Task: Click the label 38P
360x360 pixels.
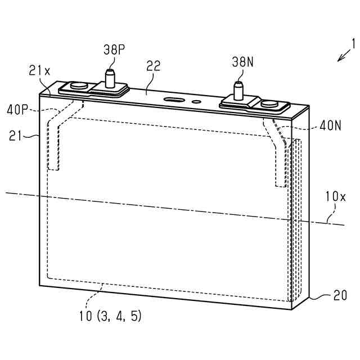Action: point(114,49)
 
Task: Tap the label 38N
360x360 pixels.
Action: point(243,62)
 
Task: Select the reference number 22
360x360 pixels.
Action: point(154,66)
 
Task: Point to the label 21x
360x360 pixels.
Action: point(39,70)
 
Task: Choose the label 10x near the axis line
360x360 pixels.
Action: point(335,197)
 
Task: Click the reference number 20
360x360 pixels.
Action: point(340,295)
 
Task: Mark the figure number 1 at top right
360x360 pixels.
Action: point(353,43)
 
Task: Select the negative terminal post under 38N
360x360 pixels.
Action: point(238,90)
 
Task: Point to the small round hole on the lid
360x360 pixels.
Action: point(196,102)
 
